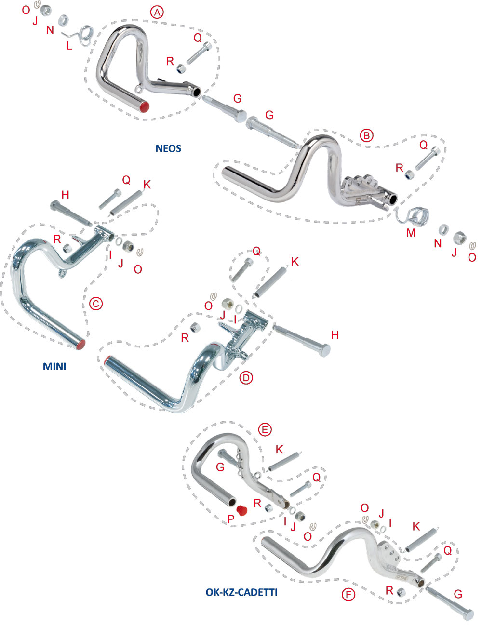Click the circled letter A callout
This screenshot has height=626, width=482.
[x=157, y=13]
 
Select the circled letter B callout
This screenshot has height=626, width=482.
[x=367, y=136]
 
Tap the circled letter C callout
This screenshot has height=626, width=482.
[x=96, y=304]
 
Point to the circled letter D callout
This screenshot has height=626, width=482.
[x=246, y=378]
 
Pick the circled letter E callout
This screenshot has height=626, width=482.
[x=265, y=429]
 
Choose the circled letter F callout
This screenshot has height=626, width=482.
[x=348, y=595]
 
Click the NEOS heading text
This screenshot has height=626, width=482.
[x=168, y=148]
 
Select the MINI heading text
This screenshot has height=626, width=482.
[x=54, y=366]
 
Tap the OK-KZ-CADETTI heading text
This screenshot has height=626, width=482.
[x=241, y=592]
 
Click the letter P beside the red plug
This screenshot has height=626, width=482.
[x=231, y=519]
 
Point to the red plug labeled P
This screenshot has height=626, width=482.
[x=242, y=510]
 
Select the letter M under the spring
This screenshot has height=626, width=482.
[x=411, y=233]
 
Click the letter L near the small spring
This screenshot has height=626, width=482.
[x=69, y=46]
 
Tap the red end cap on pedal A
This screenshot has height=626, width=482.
[x=144, y=107]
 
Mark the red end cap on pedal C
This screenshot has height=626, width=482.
[x=81, y=344]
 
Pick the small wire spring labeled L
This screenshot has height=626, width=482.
[x=84, y=34]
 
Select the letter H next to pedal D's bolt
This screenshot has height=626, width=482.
[x=335, y=335]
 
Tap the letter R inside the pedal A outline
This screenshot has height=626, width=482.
[x=170, y=61]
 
